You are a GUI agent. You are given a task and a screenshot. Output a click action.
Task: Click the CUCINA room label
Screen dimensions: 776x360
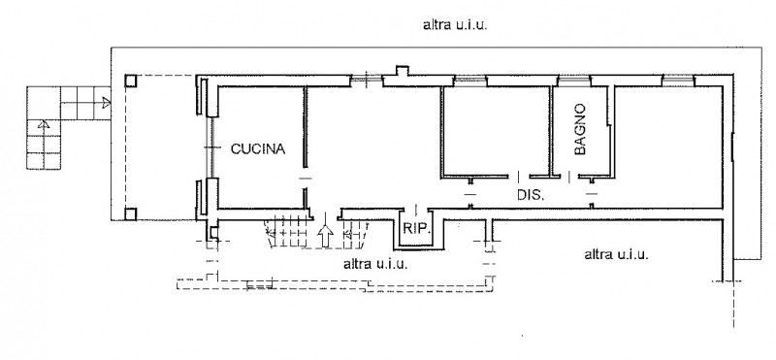click(258, 148)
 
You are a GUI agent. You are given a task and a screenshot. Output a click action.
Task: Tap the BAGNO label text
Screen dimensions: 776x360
click(580, 129)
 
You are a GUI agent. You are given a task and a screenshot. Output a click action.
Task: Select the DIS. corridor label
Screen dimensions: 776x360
click(531, 195)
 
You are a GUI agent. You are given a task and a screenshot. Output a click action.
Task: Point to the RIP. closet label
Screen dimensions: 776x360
click(416, 229)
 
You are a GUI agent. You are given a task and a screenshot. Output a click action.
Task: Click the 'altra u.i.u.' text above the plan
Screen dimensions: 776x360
click(455, 25)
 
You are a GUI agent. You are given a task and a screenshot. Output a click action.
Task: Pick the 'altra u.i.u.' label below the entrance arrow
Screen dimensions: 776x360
click(375, 264)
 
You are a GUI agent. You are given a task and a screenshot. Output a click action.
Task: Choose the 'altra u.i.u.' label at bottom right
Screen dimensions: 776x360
click(616, 254)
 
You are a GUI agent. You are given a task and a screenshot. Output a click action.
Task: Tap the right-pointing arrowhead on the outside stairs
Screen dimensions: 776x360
click(106, 103)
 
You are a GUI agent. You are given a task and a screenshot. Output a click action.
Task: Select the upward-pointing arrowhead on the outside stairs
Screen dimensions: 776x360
click(44, 124)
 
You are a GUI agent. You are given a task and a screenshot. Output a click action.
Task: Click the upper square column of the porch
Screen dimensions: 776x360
click(131, 82)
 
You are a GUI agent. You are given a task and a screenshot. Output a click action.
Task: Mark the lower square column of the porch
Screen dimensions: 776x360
click(131, 213)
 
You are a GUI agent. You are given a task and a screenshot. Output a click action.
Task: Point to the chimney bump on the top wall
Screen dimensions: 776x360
click(402, 71)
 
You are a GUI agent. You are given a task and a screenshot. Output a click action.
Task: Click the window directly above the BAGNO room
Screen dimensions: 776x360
click(574, 80)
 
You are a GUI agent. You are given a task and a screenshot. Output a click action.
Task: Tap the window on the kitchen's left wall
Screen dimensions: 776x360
click(210, 147)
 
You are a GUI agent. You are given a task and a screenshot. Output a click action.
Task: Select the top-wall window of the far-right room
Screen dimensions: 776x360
click(678, 80)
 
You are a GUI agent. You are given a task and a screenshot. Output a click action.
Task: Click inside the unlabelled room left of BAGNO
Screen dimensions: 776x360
click(496, 131)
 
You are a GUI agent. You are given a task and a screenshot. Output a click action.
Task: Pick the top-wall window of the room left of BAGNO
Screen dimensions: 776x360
click(470, 80)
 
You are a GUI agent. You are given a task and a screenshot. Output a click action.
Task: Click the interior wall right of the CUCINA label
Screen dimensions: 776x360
click(306, 127)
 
